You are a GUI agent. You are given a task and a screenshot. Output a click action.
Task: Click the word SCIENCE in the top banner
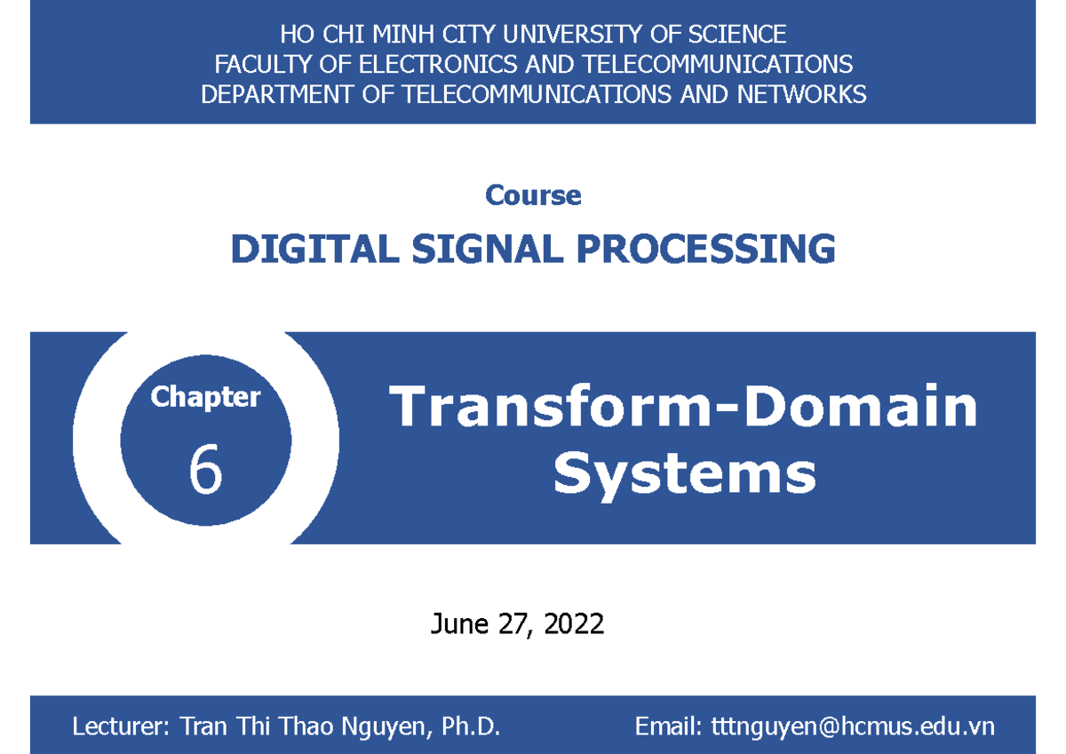click(740, 35)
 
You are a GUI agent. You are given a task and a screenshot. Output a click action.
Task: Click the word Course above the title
click(533, 195)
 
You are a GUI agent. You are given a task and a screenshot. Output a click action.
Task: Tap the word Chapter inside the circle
click(205, 397)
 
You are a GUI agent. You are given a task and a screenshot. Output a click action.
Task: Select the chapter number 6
click(205, 470)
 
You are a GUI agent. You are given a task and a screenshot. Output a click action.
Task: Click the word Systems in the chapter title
click(684, 472)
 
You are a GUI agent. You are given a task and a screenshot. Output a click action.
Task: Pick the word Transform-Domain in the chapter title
click(684, 407)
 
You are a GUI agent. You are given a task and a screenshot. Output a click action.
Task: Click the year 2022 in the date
click(574, 624)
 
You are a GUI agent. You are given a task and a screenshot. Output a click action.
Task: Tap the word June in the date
click(459, 624)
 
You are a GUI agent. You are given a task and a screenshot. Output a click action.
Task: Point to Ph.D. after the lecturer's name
click(471, 727)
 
